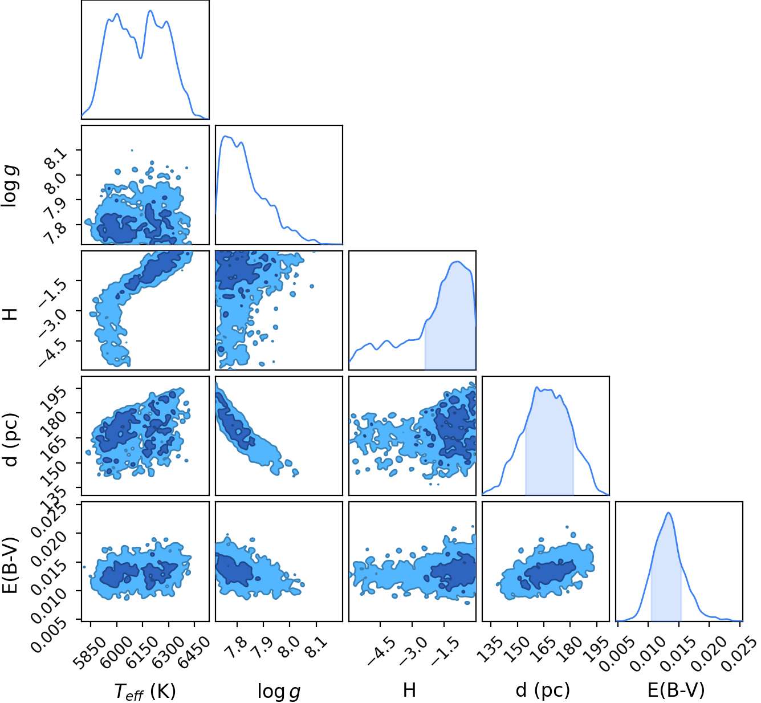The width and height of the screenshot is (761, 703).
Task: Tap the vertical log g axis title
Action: click(x=9, y=185)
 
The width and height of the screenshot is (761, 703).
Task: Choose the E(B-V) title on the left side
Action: click(x=10, y=561)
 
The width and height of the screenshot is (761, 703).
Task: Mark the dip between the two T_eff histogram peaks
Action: click(x=141, y=58)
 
